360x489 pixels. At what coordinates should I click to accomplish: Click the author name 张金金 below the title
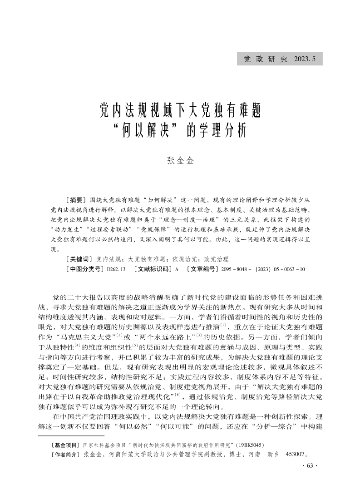(180, 161)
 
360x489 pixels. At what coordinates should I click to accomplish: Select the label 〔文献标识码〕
(150, 269)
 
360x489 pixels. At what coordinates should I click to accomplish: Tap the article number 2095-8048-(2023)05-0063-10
(263, 269)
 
